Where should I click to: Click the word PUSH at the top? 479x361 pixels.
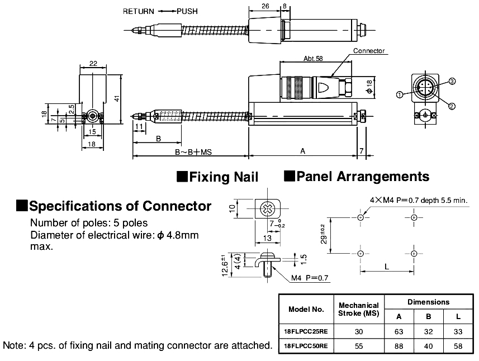[187, 11]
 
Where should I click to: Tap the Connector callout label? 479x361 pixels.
[369, 51]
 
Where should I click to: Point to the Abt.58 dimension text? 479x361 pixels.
[313, 58]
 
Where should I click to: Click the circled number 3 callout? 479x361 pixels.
[452, 82]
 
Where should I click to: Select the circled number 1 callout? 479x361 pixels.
[400, 94]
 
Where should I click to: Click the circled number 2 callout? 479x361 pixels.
[451, 106]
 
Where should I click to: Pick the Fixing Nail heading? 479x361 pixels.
[218, 177]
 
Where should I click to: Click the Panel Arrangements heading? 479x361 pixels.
[357, 177]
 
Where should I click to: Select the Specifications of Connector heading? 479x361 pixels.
[114, 206]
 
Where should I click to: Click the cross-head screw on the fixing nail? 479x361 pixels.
[268, 210]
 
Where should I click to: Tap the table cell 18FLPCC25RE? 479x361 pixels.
[306, 330]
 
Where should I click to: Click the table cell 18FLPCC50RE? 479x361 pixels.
[306, 346]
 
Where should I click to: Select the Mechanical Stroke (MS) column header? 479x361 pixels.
[358, 308]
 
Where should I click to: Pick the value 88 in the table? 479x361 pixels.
[399, 346]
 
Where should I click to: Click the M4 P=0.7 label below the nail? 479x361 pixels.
[310, 278]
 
